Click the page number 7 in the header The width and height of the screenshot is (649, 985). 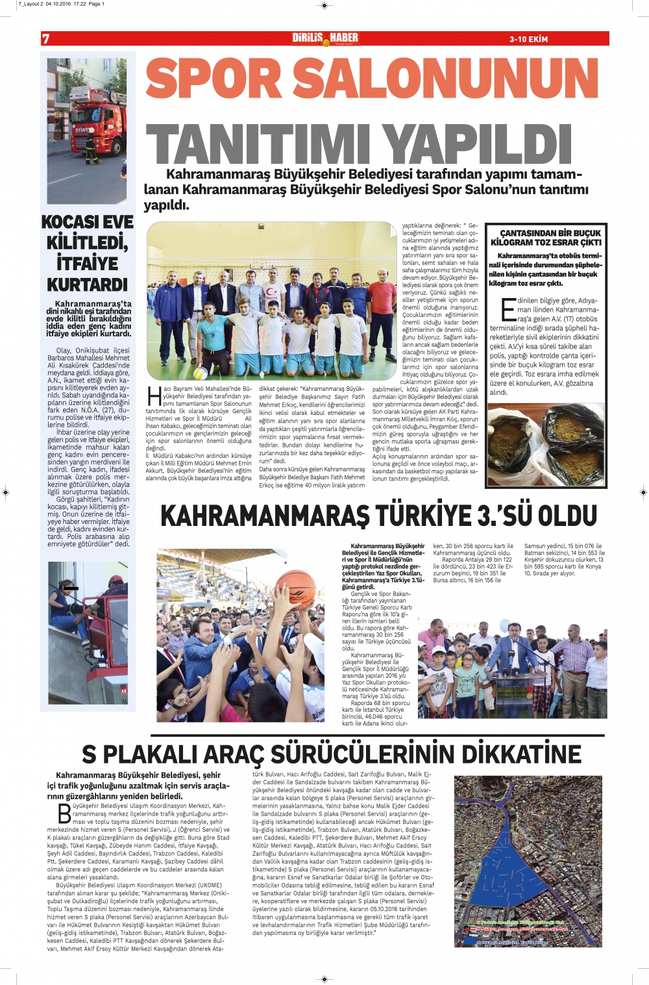pos(46,39)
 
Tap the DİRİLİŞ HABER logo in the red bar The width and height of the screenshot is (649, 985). pos(324,38)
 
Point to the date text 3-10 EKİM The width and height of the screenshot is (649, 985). pos(528,40)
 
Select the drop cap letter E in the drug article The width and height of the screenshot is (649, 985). pos(508,310)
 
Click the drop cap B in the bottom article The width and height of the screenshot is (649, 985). pos(64,813)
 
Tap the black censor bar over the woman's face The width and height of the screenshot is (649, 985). pos(71,588)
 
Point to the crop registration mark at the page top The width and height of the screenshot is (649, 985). pos(324,5)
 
